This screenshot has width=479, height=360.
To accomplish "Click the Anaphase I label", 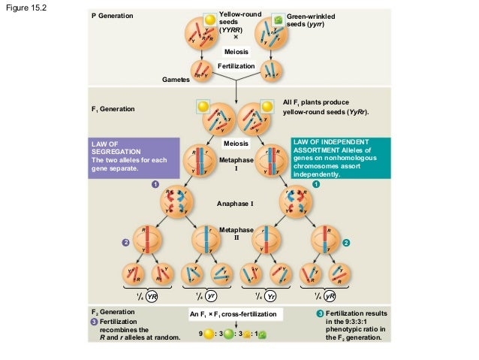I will pos(236,204).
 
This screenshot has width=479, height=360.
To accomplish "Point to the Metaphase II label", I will pos(236,233).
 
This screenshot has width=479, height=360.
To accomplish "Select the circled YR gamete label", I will pos(152,295).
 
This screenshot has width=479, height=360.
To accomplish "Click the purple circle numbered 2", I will pos(127,243).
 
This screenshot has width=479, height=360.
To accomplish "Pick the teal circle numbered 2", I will pos(346,243).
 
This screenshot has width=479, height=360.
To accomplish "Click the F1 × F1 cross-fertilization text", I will pos(236,313).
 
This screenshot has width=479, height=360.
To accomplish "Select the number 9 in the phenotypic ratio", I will pos(200,333).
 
